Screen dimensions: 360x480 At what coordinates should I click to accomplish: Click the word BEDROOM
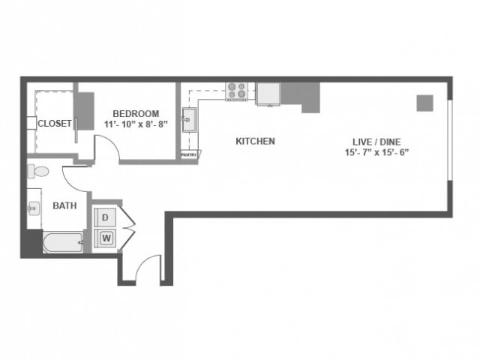point(136,114)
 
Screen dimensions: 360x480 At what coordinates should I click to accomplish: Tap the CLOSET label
point(54,123)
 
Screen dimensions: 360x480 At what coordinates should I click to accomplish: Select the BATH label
point(62,205)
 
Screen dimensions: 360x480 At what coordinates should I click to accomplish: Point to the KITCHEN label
point(255,141)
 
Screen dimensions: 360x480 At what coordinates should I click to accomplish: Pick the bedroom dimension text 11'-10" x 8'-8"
point(136,124)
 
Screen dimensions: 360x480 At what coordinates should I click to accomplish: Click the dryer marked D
point(106,217)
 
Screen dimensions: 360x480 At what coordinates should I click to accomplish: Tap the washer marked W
point(106,238)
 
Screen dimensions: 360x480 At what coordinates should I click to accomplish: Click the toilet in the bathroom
point(38,172)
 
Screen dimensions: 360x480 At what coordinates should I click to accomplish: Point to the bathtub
point(62,242)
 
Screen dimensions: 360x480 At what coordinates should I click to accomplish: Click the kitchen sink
point(189,119)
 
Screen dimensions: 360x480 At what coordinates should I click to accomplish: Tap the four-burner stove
point(236,91)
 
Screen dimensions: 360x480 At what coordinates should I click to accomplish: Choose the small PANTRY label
point(189,154)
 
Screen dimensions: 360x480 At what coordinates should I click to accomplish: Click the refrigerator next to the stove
point(268,93)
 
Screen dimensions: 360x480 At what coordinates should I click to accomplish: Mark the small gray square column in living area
point(425,103)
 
